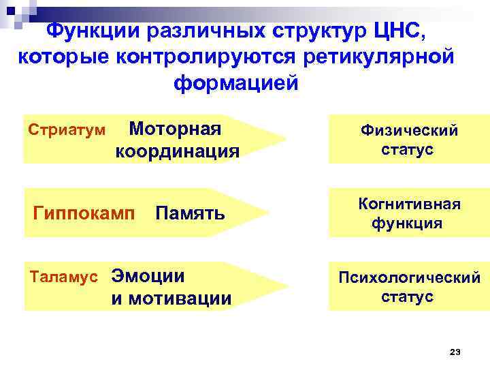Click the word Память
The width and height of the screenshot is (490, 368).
[x=190, y=213]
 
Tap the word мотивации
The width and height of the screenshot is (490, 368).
[x=171, y=298]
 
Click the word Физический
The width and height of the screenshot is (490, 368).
[x=409, y=130]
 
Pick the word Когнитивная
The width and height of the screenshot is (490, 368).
[x=409, y=204]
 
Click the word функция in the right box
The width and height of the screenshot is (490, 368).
[x=407, y=224]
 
